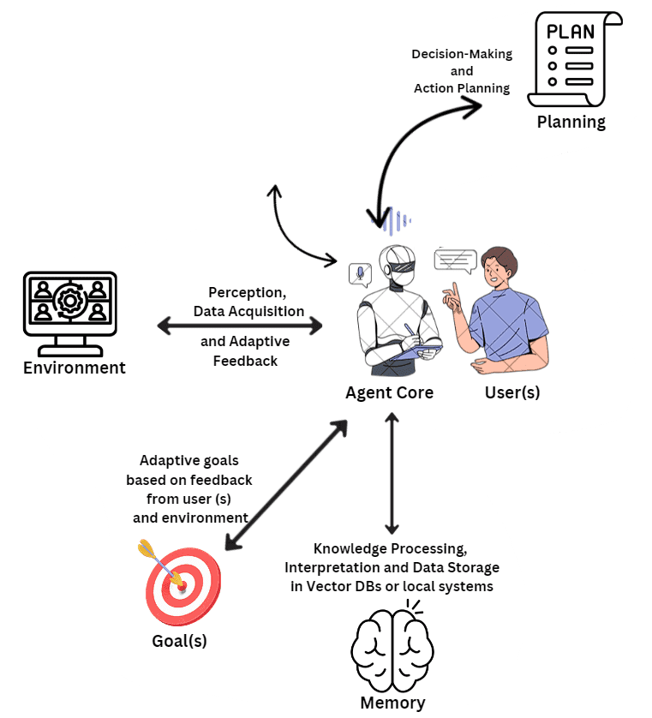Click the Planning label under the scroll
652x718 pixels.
pyautogui.click(x=571, y=122)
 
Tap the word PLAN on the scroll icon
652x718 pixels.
pyautogui.click(x=570, y=32)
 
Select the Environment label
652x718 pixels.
pyautogui.click(x=75, y=368)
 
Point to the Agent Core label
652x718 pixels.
pyautogui.click(x=389, y=393)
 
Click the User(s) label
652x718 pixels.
pyautogui.click(x=512, y=393)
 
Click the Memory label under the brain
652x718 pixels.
pyautogui.click(x=392, y=703)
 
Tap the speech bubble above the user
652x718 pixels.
pyautogui.click(x=455, y=260)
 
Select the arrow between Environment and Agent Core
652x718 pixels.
pyautogui.click(x=240, y=326)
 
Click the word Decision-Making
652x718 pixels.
pyautogui.click(x=462, y=54)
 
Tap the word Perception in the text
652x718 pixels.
pyautogui.click(x=247, y=293)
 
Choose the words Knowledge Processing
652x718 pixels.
pyautogui.click(x=391, y=548)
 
